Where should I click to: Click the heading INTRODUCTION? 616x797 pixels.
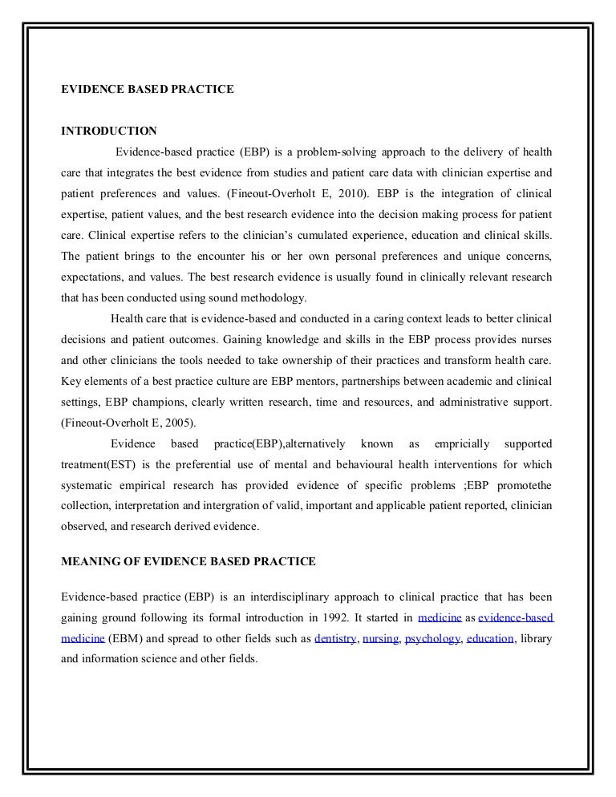[109, 131]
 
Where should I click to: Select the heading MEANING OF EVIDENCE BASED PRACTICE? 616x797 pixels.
[188, 562]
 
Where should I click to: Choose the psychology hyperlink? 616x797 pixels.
[432, 639]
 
